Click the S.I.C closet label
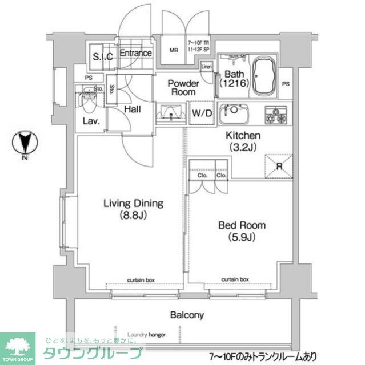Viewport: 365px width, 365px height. pyautogui.click(x=103, y=56)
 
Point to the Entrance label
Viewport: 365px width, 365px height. pyautogui.click(x=135, y=54)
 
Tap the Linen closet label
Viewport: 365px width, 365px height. pyautogui.click(x=207, y=66)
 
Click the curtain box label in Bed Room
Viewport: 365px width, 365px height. pyautogui.click(x=235, y=279)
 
